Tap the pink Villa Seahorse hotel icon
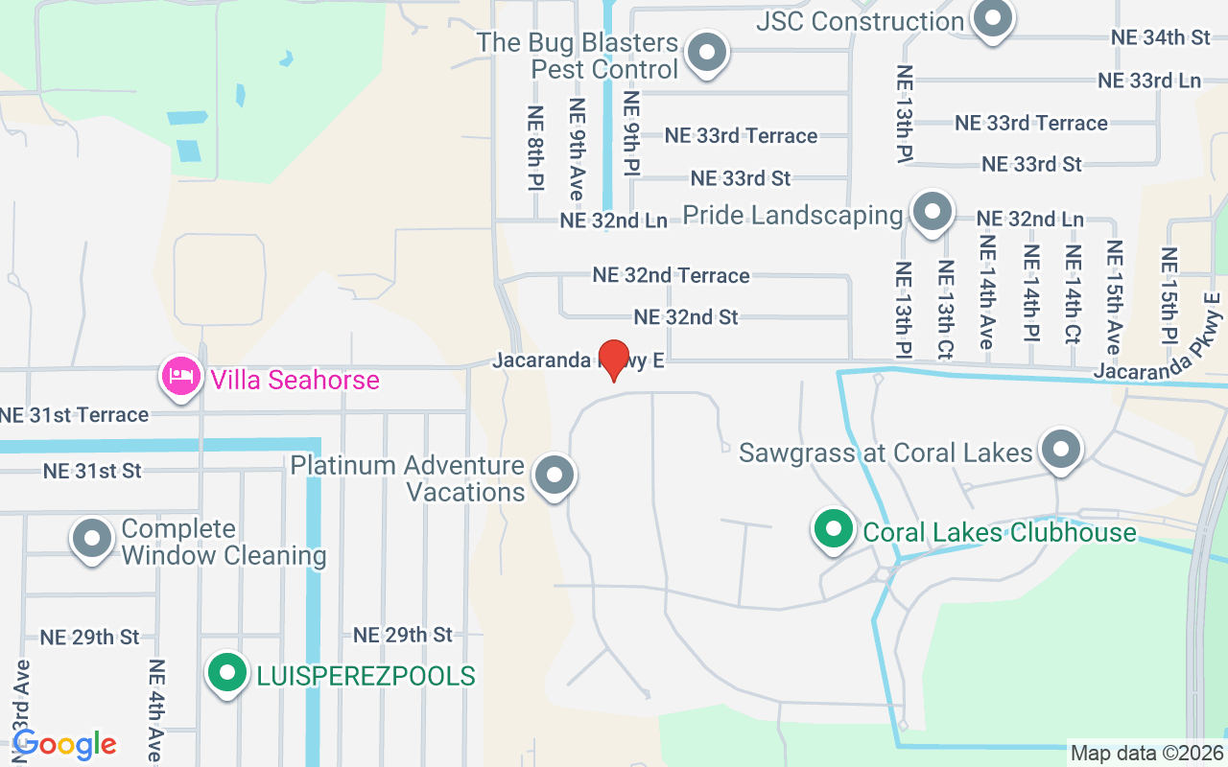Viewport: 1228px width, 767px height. pyautogui.click(x=181, y=377)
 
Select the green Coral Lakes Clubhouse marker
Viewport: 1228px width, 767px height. pyautogui.click(x=834, y=529)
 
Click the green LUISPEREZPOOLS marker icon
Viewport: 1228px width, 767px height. pyautogui.click(x=227, y=673)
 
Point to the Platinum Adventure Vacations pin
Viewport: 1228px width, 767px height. pyautogui.click(x=554, y=476)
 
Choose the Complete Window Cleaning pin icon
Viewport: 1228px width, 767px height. pyautogui.click(x=92, y=540)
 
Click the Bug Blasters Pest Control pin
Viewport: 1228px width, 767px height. pyautogui.click(x=709, y=53)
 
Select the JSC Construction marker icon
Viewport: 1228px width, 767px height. pyautogui.click(x=992, y=18)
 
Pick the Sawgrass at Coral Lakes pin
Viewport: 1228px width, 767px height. pyautogui.click(x=1061, y=449)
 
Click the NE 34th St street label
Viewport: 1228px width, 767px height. pyautogui.click(x=1161, y=37)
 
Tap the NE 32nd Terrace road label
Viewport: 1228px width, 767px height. pyautogui.click(x=671, y=275)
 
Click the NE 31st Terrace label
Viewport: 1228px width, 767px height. pyautogui.click(x=75, y=415)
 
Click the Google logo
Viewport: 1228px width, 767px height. pyautogui.click(x=64, y=744)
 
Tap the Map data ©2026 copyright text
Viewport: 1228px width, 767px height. pyautogui.click(x=1145, y=753)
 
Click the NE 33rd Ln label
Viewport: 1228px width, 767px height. pyautogui.click(x=1148, y=81)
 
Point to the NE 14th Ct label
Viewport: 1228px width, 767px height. pyautogui.click(x=1073, y=294)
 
